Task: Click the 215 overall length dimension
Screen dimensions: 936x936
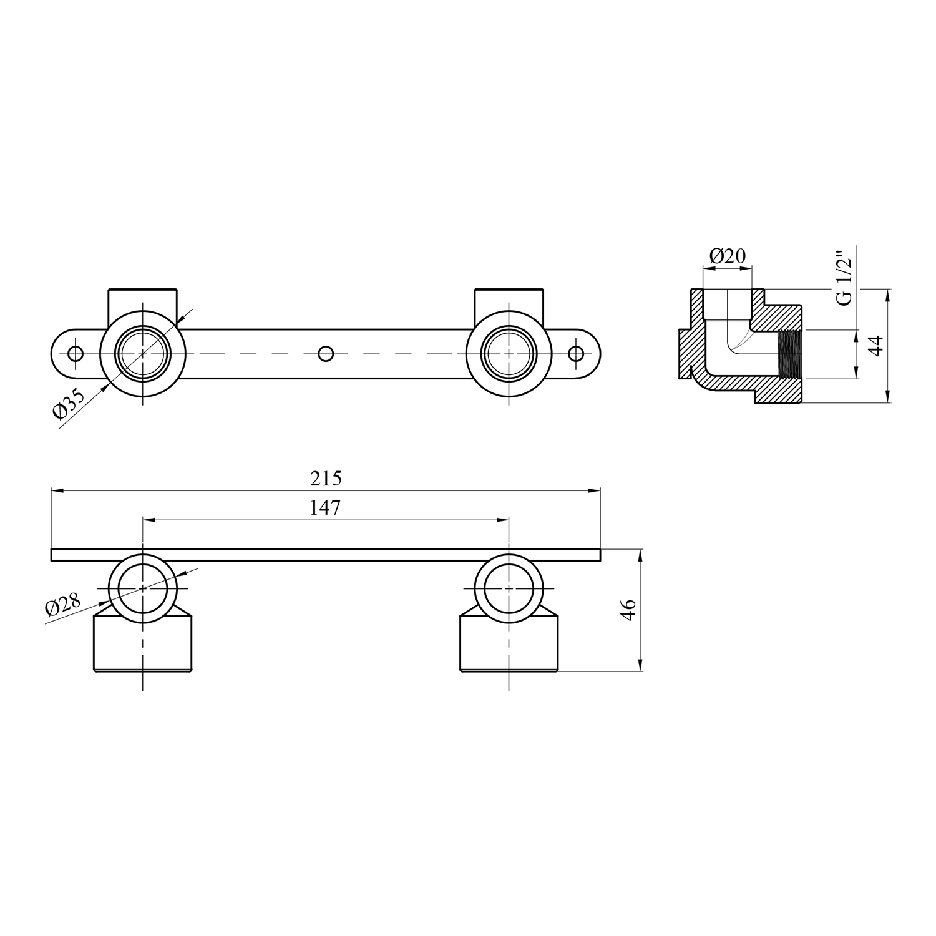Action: (x=326, y=479)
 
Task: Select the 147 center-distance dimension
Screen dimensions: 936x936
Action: (x=326, y=508)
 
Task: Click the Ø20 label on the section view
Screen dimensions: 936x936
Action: (x=728, y=255)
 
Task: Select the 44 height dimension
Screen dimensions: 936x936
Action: (x=877, y=346)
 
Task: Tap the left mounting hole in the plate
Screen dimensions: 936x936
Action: (x=76, y=354)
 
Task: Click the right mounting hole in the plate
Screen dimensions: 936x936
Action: (x=576, y=354)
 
